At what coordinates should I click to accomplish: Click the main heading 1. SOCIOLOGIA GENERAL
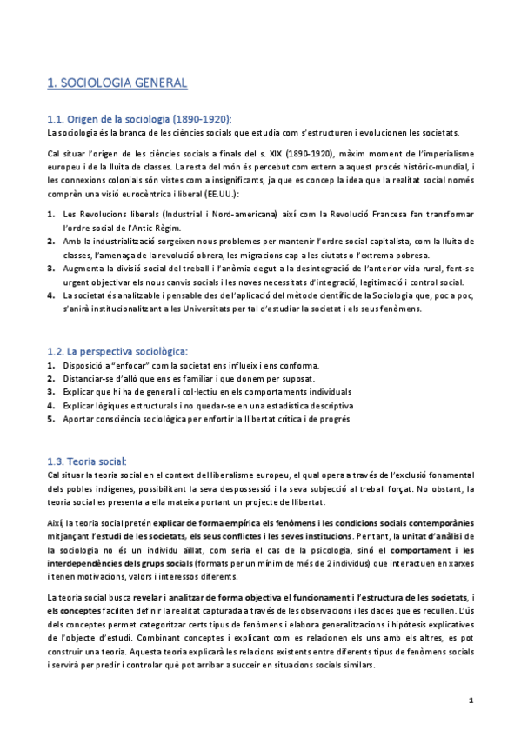click(117, 83)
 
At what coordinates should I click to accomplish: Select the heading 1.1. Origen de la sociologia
click(139, 119)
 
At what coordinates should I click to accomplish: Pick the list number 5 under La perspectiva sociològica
click(50, 419)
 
